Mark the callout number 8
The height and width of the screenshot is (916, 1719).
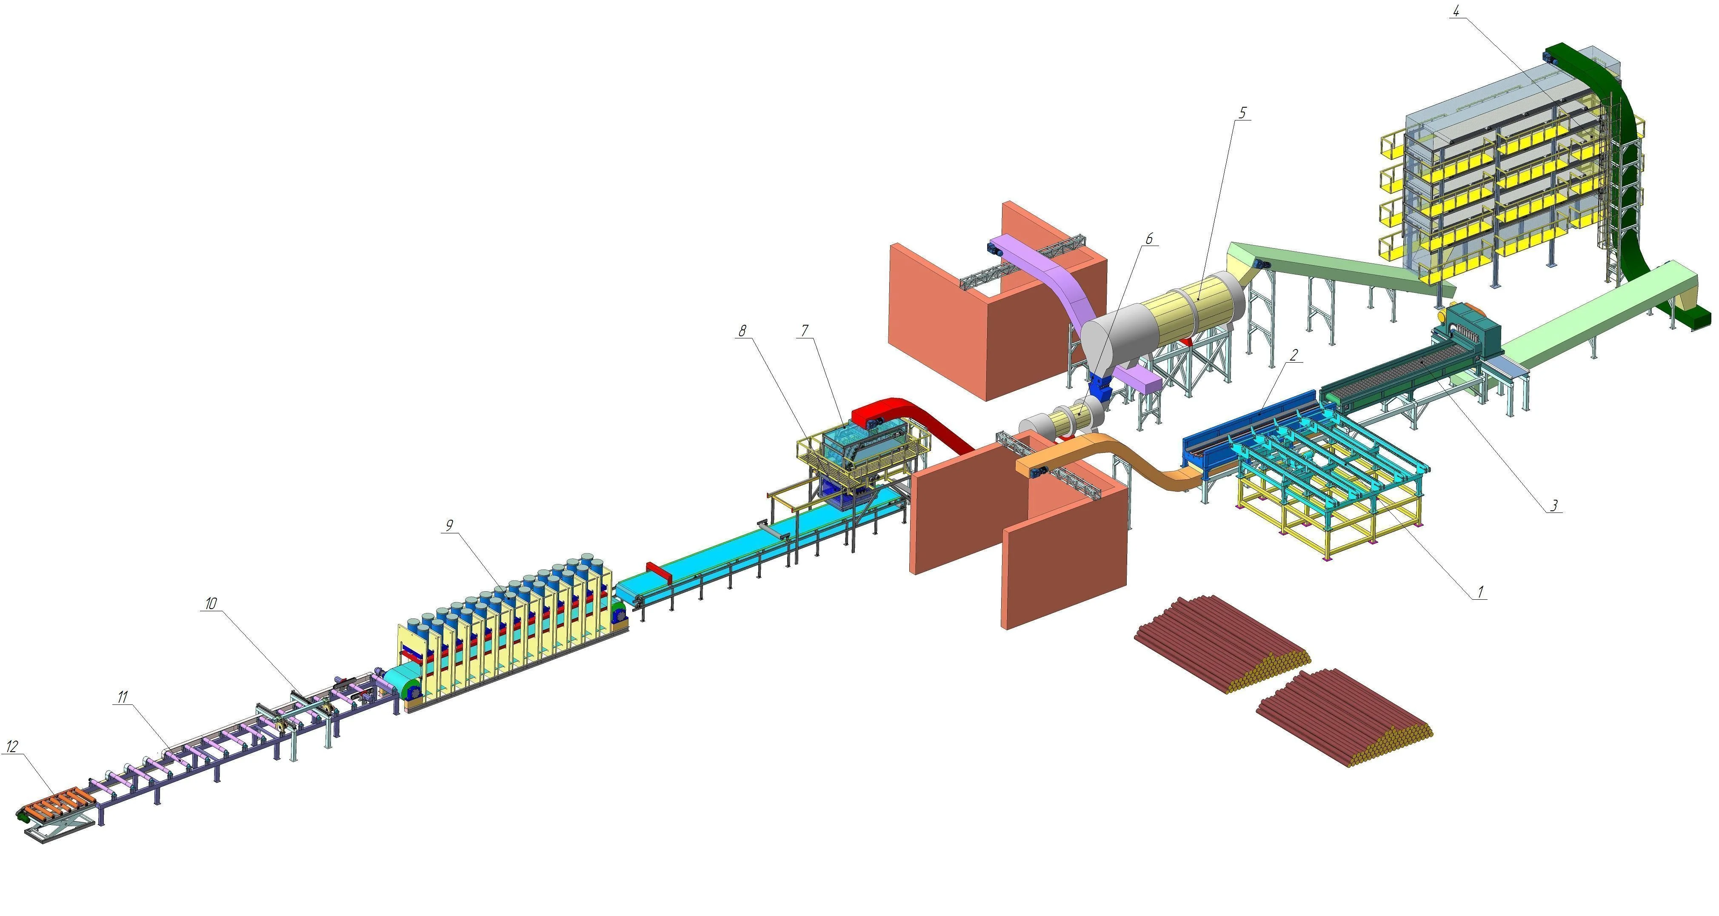[743, 330]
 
